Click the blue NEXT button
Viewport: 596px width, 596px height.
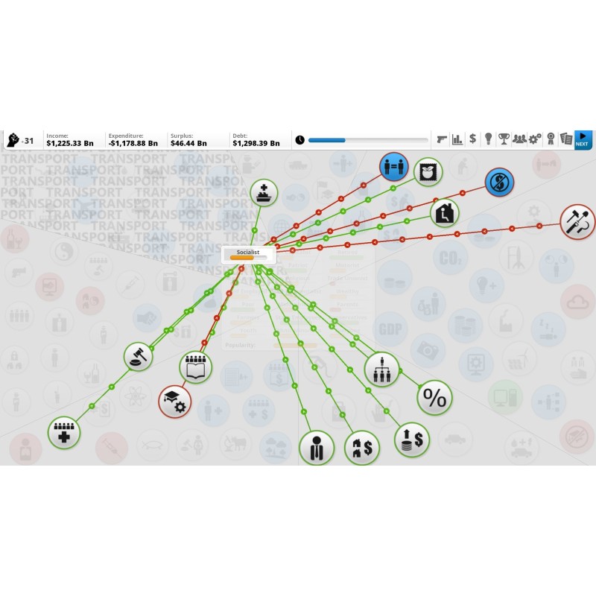coord(583,139)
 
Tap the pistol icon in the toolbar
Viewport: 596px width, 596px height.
coord(443,139)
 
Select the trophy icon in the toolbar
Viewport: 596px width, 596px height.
coord(504,139)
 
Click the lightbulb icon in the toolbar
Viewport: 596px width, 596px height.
coord(488,139)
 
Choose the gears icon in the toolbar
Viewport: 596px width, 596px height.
coord(535,139)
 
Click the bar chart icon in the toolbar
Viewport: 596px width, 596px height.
coord(457,139)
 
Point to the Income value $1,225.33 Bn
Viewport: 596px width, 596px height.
coord(70,142)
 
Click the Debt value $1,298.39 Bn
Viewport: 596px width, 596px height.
coord(256,142)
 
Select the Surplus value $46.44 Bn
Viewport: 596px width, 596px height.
coord(189,142)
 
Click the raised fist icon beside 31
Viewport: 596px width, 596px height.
coord(13,139)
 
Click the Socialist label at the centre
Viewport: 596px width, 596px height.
coord(248,253)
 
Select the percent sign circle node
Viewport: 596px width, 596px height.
coord(434,399)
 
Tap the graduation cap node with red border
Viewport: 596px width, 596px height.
coord(175,401)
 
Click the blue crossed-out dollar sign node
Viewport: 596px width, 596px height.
coord(499,183)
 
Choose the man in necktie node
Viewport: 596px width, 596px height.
coord(316,448)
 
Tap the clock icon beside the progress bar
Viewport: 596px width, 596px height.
coord(299,139)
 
